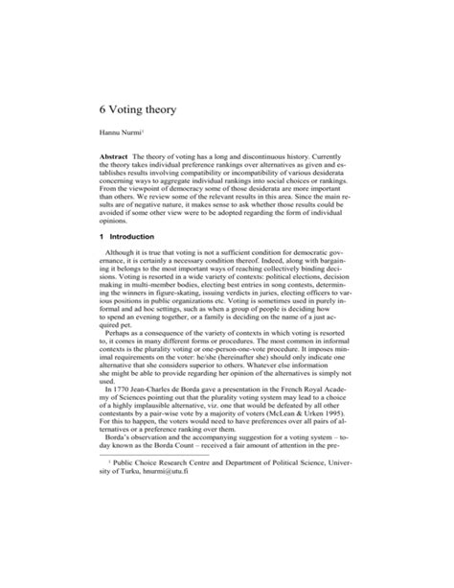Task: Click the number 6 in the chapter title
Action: (x=103, y=109)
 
